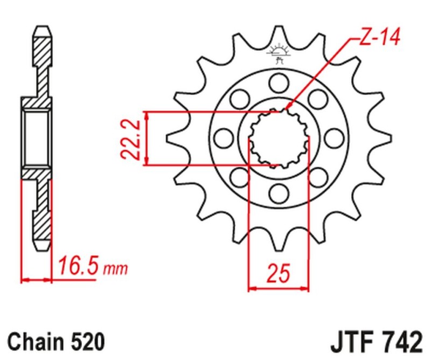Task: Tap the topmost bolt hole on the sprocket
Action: point(279,82)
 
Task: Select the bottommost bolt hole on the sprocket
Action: point(279,192)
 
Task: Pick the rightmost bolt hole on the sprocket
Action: point(335,137)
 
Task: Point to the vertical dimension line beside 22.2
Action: point(147,139)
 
